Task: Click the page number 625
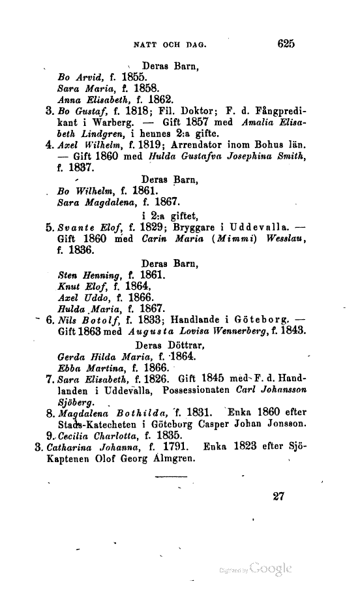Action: pyautogui.click(x=286, y=44)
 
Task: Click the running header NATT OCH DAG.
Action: pyautogui.click(x=170, y=45)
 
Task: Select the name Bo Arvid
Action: pyautogui.click(x=76, y=76)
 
